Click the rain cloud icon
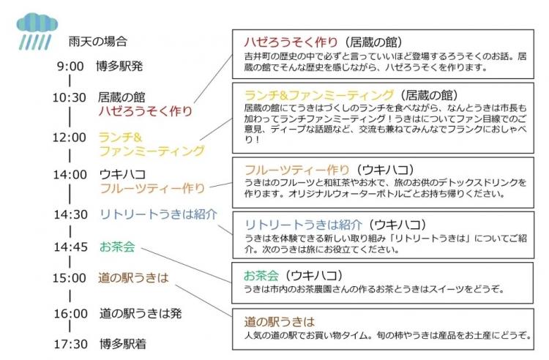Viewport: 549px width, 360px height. coord(37,31)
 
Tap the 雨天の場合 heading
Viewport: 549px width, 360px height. coord(97,42)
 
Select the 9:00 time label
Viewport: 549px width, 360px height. coord(70,66)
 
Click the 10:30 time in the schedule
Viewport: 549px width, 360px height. coord(69,97)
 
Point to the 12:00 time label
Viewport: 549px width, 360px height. coord(69,138)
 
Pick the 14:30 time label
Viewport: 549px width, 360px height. coord(70,214)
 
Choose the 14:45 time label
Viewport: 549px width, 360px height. coord(70,247)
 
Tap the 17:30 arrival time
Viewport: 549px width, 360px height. coord(70,344)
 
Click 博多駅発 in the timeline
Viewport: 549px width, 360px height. coord(119,66)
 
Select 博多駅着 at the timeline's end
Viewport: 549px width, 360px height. coord(123,344)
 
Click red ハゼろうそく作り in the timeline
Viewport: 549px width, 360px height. coord(146,111)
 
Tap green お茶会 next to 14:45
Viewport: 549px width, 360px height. coord(117,247)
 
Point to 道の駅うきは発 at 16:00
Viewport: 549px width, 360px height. coord(141,313)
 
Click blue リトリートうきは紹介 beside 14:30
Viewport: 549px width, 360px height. coord(159,214)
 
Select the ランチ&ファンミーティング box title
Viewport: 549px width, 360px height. coord(319,95)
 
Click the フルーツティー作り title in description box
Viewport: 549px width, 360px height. coord(297,170)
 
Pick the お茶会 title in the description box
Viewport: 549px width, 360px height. coord(261,276)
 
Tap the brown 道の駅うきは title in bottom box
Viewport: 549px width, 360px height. coord(280,321)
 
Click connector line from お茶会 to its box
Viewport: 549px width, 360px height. coord(186,265)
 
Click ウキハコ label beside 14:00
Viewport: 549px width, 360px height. coord(122,174)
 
